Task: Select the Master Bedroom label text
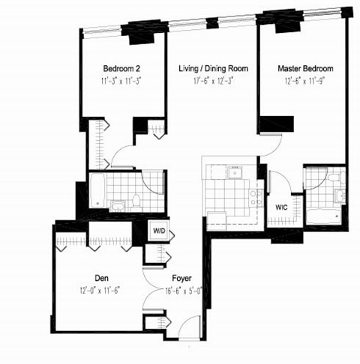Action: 305,68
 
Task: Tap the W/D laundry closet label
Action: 160,231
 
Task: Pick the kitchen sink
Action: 234,174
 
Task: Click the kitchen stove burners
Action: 256,197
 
